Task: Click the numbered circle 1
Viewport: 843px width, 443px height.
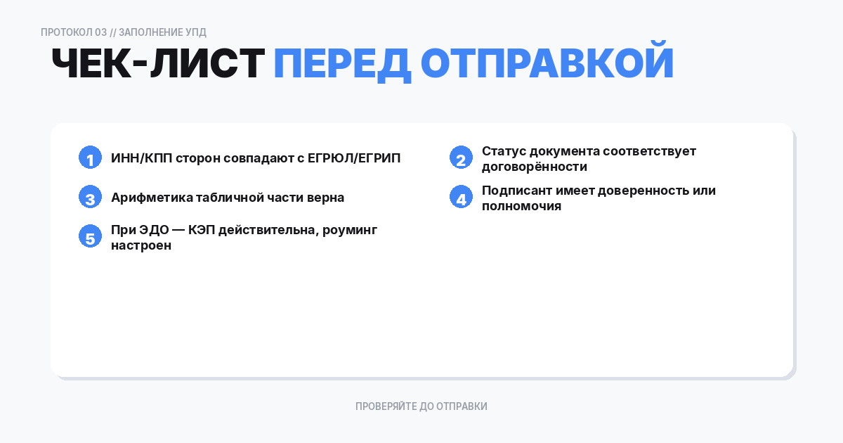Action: coord(90,158)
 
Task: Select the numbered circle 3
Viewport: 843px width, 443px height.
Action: coord(90,198)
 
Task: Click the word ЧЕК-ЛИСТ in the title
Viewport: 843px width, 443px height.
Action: coord(157,64)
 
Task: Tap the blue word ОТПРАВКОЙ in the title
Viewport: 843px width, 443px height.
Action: coord(547,64)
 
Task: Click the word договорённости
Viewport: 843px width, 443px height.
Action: coord(535,167)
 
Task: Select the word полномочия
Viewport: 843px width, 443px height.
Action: coord(521,207)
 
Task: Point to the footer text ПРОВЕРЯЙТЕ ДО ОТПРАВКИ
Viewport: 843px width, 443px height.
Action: coord(421,406)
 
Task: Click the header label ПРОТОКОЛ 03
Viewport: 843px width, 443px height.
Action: coord(74,32)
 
